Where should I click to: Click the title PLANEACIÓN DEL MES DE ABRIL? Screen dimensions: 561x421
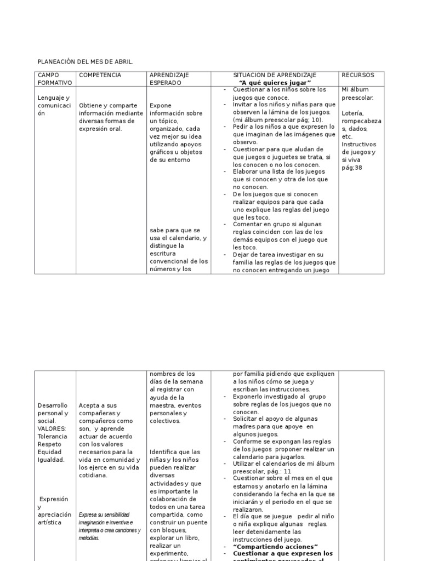[x=85, y=62]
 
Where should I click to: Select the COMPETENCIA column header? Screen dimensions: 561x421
[x=100, y=75]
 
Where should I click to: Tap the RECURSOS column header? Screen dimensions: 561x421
[x=358, y=75]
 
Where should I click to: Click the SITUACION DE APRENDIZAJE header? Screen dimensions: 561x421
[x=275, y=75]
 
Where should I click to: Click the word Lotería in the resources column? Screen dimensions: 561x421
[x=353, y=113]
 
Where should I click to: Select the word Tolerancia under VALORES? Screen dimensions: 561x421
[x=53, y=436]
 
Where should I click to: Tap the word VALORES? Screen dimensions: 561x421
[x=52, y=428]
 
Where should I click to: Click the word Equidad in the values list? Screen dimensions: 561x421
[x=49, y=452]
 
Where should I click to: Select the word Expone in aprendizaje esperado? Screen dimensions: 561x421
[x=161, y=105]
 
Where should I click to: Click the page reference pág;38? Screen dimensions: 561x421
[x=352, y=168]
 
